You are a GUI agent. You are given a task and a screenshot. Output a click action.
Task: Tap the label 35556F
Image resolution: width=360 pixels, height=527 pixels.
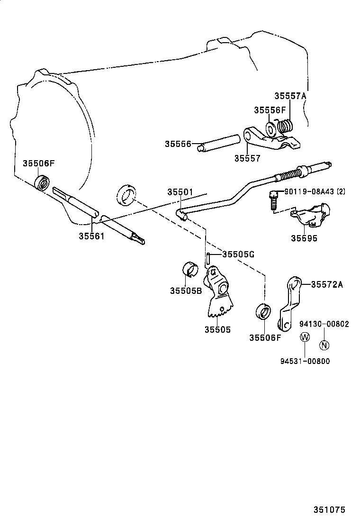(x=270, y=110)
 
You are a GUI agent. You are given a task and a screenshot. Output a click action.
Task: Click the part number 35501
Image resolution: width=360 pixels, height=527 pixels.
(x=180, y=192)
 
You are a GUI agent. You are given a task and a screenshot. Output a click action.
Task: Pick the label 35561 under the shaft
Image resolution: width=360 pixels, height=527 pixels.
(x=91, y=236)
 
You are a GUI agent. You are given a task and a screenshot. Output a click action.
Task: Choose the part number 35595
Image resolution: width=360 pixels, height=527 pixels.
(x=304, y=238)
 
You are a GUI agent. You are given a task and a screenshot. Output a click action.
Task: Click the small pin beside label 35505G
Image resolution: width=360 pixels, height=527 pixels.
(x=208, y=259)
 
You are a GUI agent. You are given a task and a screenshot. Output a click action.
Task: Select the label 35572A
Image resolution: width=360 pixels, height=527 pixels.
(x=327, y=284)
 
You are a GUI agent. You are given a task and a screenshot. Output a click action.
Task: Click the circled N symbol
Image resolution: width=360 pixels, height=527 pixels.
(x=324, y=345)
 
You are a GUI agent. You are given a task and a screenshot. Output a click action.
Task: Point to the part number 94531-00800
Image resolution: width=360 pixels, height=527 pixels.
(x=305, y=361)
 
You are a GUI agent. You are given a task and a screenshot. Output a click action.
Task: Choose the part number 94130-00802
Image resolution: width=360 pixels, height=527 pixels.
(x=324, y=324)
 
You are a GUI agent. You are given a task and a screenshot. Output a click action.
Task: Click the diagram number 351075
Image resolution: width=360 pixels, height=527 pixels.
(x=329, y=510)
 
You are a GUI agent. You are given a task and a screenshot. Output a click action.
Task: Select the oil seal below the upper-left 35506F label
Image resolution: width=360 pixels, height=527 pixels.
(x=43, y=182)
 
